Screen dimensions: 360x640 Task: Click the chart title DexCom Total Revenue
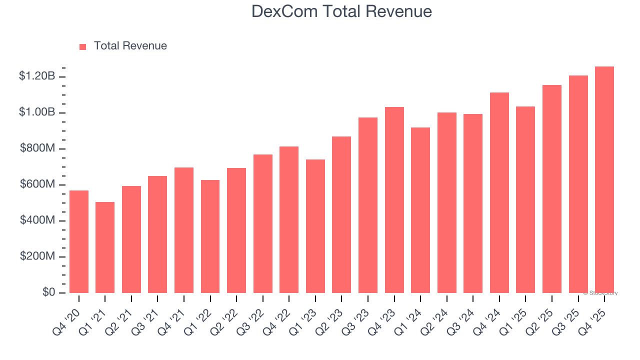[341, 11]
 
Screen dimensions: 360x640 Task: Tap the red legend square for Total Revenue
[83, 46]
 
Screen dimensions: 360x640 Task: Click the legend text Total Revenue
[130, 46]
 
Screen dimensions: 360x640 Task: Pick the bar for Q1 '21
[105, 247]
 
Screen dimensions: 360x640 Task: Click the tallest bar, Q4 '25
[604, 180]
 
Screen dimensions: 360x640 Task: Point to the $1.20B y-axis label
[37, 76]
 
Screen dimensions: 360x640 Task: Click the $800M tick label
[37, 148]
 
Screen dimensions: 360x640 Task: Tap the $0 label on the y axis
[49, 292]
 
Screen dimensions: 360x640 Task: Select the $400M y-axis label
[37, 220]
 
